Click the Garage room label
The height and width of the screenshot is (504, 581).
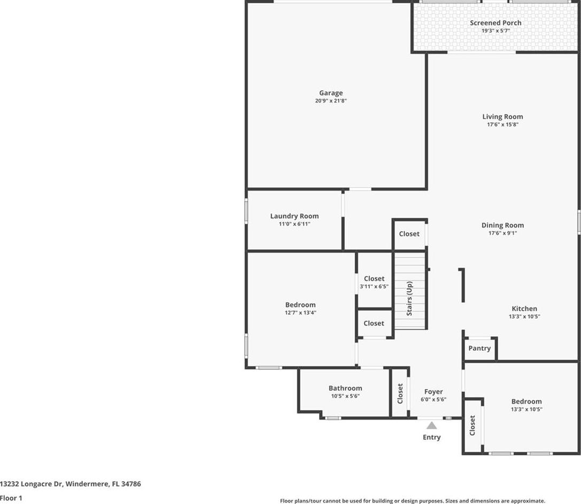coord(331,93)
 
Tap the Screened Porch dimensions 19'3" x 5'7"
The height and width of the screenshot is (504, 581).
coord(495,31)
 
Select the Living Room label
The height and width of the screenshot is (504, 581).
coord(502,116)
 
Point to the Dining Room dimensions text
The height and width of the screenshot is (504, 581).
coord(502,233)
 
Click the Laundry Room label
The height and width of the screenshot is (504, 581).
coord(294,216)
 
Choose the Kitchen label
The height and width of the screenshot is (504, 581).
coord(524,309)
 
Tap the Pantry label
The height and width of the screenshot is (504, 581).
coord(479,348)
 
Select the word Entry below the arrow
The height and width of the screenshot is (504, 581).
coord(432,437)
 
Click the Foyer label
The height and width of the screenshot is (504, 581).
coord(433,391)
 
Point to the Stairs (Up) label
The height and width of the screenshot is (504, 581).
coord(409,298)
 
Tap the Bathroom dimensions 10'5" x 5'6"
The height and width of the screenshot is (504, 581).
coord(345,396)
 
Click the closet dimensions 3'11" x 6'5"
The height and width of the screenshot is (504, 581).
coord(374,286)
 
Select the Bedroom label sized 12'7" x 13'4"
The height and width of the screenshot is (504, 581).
coord(300,305)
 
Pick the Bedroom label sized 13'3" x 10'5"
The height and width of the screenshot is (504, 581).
coord(526,401)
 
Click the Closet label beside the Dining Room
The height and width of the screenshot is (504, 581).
coord(409,234)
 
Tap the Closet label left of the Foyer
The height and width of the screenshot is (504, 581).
coord(400,393)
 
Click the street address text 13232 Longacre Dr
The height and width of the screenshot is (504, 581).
coord(32,484)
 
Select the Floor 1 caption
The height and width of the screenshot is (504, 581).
coord(11,498)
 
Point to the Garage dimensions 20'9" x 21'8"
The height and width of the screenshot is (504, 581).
coord(331,101)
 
